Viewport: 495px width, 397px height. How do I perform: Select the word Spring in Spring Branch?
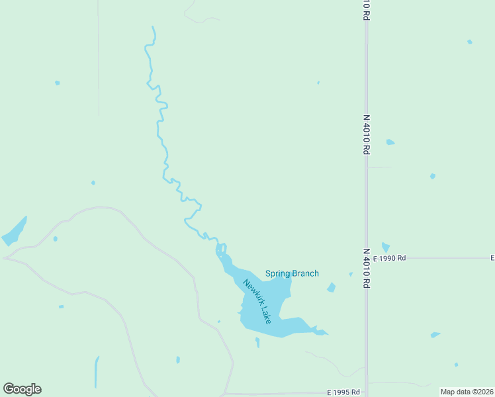click(x=278, y=273)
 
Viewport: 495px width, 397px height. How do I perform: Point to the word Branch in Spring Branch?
click(x=305, y=273)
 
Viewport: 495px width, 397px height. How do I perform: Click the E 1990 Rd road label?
click(x=389, y=258)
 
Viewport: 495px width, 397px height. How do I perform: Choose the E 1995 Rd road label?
click(x=343, y=392)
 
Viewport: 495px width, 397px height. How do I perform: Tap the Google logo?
click(x=22, y=389)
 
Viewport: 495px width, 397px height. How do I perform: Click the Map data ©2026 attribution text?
click(x=466, y=392)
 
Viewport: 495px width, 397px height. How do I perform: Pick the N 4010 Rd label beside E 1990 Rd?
click(x=366, y=268)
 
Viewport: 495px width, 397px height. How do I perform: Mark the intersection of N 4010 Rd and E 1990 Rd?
click(x=367, y=258)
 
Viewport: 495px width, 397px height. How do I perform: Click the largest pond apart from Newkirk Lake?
click(x=15, y=230)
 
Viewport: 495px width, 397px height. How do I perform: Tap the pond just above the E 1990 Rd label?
click(x=385, y=247)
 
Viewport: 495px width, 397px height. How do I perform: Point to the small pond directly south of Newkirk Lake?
click(x=257, y=342)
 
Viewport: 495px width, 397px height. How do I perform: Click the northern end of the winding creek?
click(x=153, y=27)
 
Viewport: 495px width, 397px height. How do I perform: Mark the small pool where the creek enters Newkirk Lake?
click(x=221, y=249)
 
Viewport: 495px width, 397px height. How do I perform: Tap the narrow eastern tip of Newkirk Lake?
click(x=323, y=332)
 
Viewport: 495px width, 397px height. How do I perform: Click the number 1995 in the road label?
click(x=344, y=392)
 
